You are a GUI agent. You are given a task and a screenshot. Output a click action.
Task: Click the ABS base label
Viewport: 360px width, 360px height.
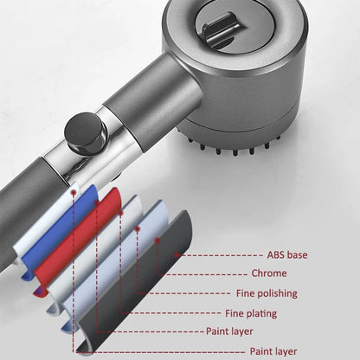point(287,255)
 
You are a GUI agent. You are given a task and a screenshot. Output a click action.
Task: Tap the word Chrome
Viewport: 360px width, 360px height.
point(269,273)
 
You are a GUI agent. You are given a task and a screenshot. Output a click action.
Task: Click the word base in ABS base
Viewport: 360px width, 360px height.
point(297,255)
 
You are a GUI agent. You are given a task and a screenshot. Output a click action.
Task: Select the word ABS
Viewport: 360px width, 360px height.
point(275,255)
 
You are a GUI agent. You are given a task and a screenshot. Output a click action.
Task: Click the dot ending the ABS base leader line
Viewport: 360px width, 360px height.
point(177,255)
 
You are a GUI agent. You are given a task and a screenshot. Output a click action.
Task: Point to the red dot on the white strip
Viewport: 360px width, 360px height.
point(74,192)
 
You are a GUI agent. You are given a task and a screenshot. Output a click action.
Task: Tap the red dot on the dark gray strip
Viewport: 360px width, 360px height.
point(157,240)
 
